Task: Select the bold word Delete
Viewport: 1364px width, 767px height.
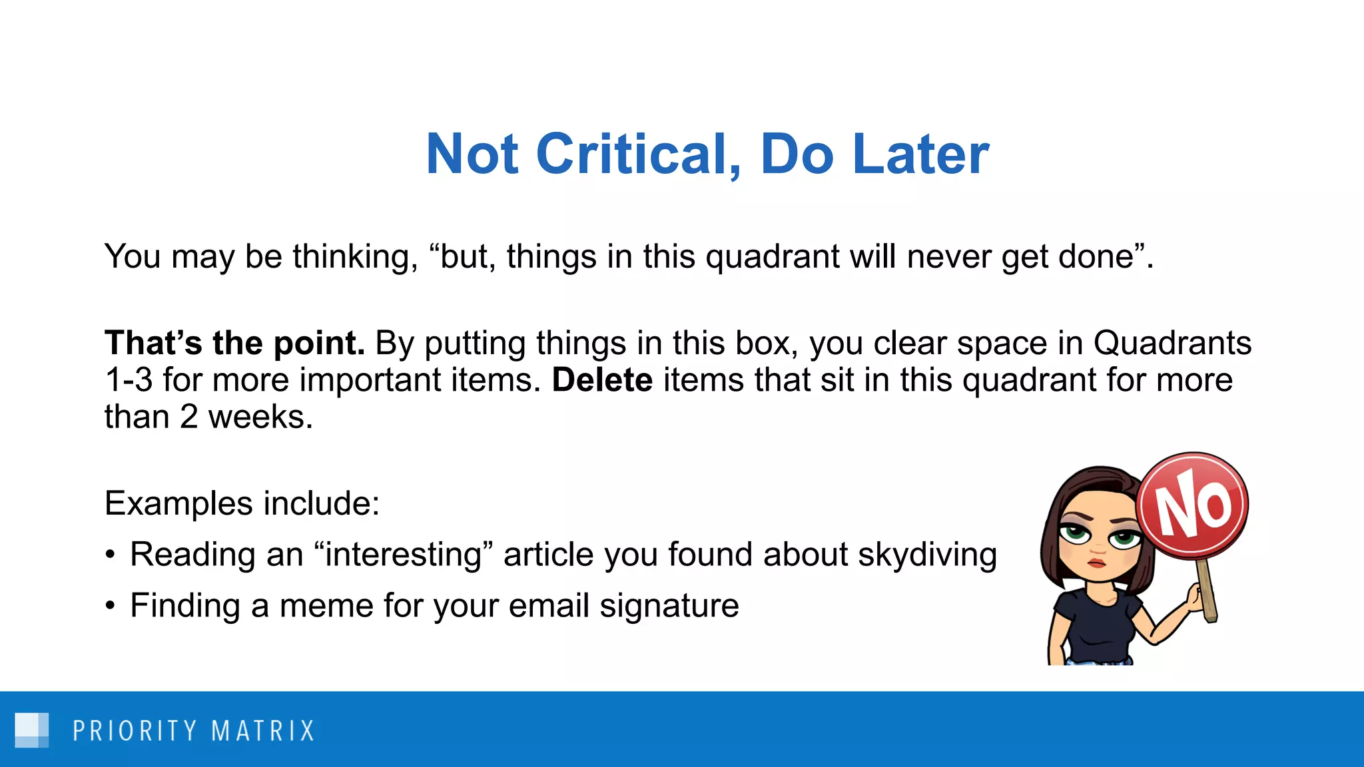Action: tap(602, 380)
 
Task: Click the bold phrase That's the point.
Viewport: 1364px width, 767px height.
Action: tap(234, 344)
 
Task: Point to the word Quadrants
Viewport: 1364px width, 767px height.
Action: tap(1172, 344)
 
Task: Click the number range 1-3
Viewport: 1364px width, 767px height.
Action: tap(129, 380)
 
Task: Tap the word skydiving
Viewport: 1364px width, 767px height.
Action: tap(927, 555)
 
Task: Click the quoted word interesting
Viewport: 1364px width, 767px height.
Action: tap(404, 555)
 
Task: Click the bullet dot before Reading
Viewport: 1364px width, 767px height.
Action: tap(111, 555)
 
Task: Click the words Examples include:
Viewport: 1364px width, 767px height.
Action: tap(242, 503)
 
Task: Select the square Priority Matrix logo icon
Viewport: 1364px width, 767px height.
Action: tap(31, 730)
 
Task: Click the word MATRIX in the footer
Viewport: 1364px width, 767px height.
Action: tap(263, 731)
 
